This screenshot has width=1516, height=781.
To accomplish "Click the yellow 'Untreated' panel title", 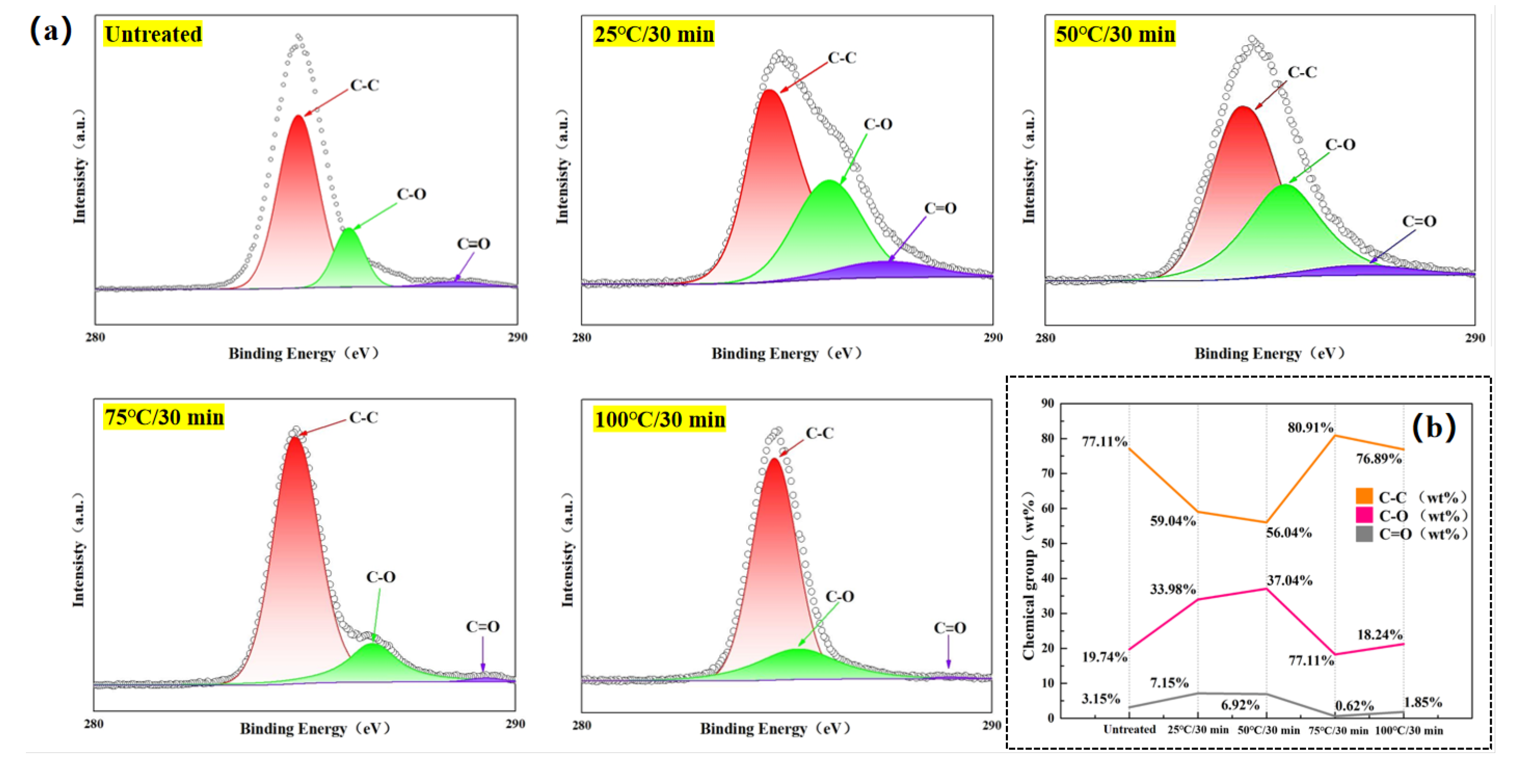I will point(153,34).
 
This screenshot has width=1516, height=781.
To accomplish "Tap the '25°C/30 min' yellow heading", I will point(653,34).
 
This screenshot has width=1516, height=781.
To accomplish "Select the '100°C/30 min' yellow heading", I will point(659,420).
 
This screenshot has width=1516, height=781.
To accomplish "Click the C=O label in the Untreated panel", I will point(473,244).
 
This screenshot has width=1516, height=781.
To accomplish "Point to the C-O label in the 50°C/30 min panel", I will point(1340,145).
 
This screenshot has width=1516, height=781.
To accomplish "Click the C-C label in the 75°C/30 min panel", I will point(363,418).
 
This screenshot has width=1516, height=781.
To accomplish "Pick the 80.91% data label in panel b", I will point(1310,428).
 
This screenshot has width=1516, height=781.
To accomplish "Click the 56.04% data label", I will point(1289,533).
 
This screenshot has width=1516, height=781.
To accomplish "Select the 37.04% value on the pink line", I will point(1289,580).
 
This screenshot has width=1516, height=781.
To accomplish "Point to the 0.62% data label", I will point(1354,705).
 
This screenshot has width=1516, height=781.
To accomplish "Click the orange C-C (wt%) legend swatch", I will point(1364,496).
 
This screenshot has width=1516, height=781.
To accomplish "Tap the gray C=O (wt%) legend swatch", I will point(1364,534).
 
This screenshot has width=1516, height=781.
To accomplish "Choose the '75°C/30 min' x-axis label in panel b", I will point(1338,730).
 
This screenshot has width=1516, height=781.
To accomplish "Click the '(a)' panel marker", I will point(51,31).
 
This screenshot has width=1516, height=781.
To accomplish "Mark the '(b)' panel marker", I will point(1434,427).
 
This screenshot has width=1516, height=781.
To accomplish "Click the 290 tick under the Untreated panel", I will point(517,337).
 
